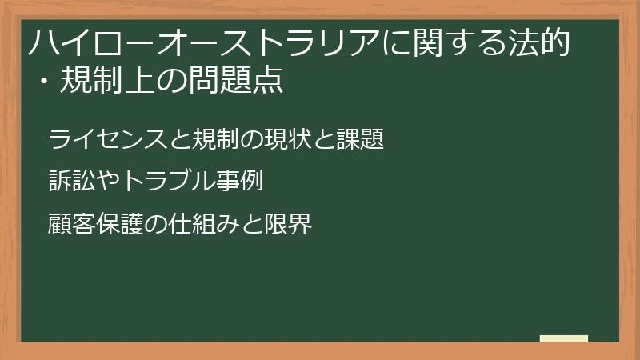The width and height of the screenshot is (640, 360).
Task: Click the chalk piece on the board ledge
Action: (564, 338)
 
